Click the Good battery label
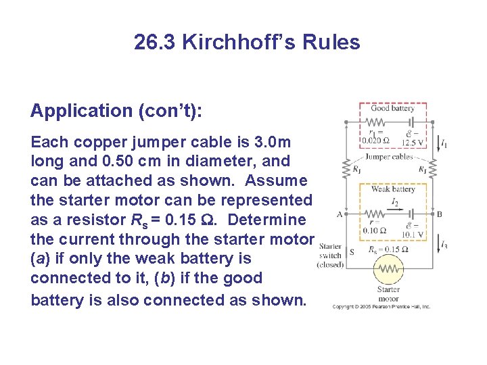392,108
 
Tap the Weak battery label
393,189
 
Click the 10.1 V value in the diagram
412,235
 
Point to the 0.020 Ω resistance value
375,141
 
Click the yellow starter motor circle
388,270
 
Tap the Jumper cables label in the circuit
389,157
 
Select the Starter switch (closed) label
330,255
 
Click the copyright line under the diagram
381,306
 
